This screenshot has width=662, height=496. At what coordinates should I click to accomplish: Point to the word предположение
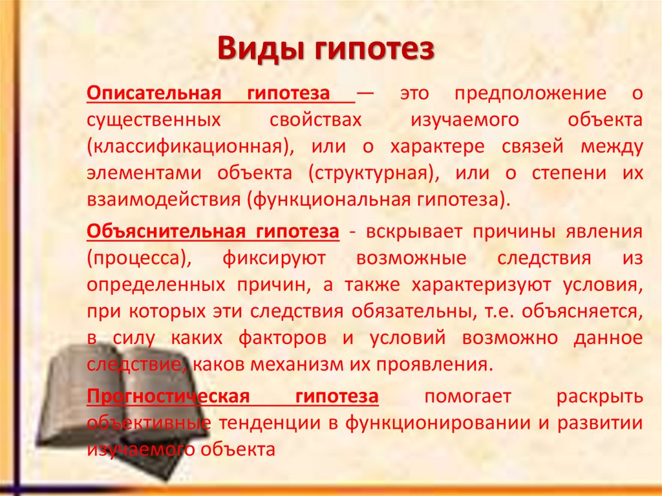530,94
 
